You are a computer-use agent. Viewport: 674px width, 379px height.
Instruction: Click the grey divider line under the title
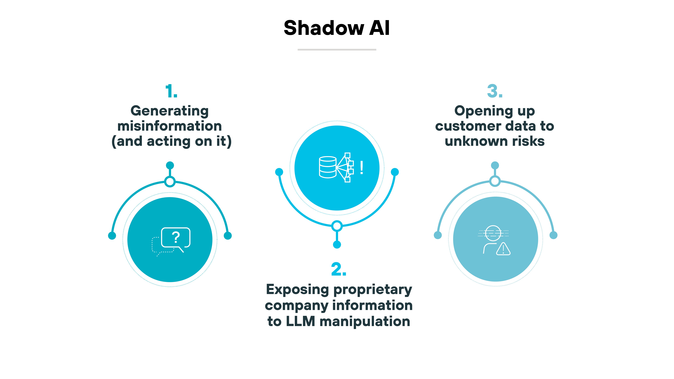point(337,49)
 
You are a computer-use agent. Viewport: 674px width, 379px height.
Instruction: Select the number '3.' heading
point(494,91)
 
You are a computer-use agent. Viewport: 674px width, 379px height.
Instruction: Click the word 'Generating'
point(170,111)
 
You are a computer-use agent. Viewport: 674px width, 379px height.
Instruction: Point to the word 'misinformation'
point(170,126)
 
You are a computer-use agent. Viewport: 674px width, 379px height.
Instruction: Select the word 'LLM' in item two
point(300,321)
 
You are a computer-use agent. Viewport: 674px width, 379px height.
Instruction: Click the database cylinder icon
point(328,167)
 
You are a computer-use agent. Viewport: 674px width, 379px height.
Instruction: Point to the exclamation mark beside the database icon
point(361,168)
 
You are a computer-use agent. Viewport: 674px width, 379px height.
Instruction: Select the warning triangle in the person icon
point(503,249)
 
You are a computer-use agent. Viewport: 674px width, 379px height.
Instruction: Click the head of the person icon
point(493,233)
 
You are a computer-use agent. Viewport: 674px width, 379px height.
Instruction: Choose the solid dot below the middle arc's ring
point(337,245)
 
